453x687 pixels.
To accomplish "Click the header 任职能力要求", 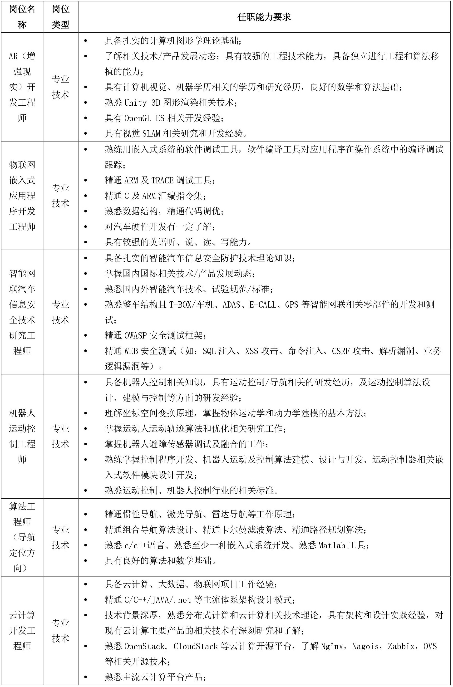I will point(264,17).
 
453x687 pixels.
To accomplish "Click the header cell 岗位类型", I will point(60,17).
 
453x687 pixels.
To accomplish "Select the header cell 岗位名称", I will point(22,17).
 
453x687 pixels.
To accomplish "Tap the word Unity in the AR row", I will point(136,103).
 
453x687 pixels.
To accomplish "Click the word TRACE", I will point(162,181).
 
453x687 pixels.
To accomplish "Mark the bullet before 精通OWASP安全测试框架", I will point(85,336).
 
